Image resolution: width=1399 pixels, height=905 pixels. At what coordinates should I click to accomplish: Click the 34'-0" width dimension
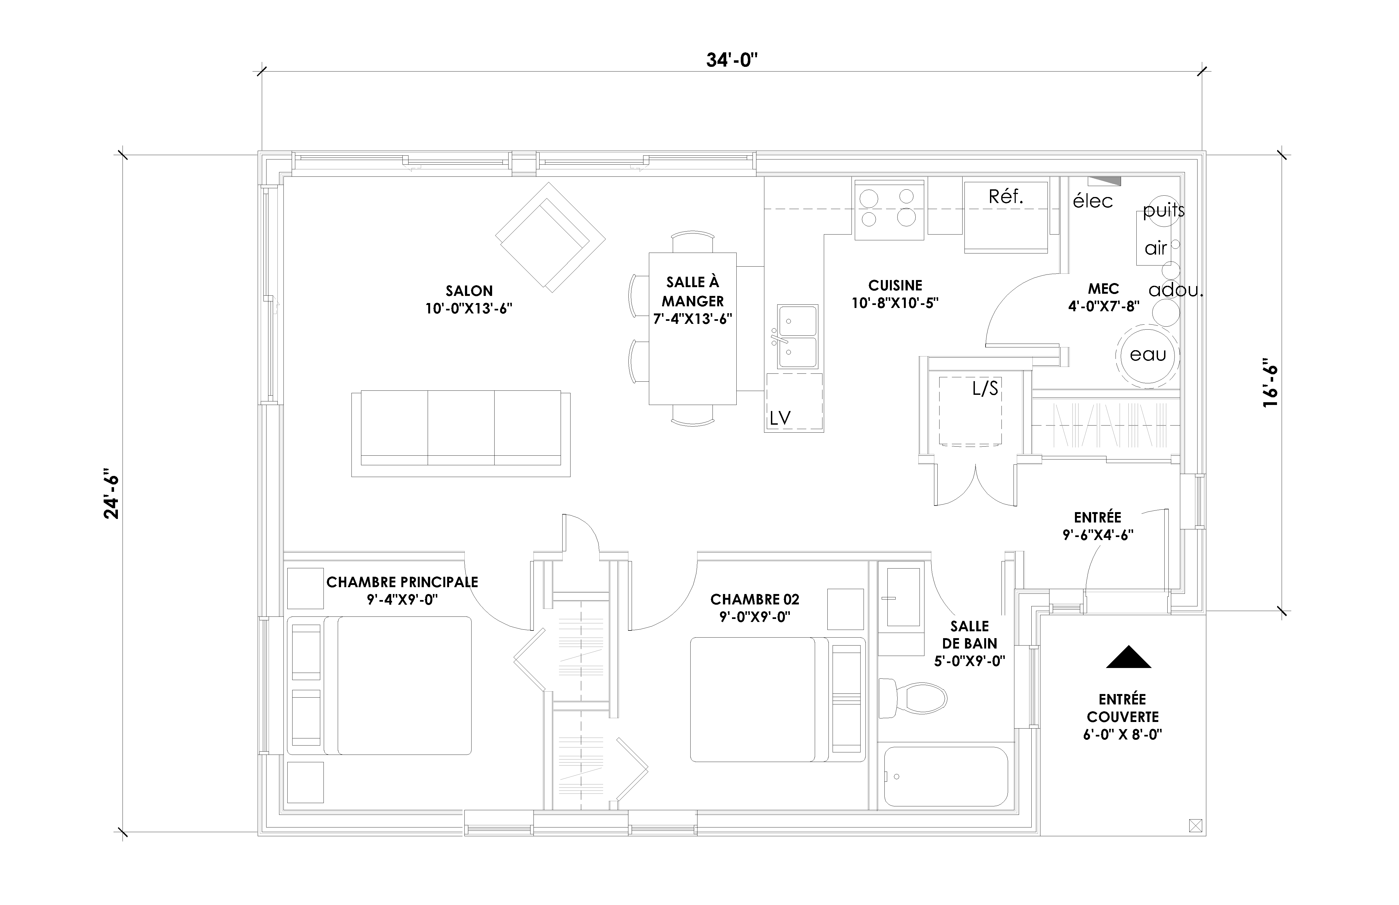click(x=732, y=60)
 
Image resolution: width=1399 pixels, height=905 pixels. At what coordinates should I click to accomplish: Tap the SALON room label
click(x=469, y=291)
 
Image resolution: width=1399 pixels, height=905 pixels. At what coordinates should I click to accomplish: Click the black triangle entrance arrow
click(x=1129, y=657)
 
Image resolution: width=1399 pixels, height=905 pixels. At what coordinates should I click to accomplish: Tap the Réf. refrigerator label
click(x=1006, y=197)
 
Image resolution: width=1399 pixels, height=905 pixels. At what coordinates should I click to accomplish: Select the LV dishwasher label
click(x=780, y=418)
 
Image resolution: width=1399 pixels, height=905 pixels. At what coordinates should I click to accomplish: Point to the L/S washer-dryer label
click(x=985, y=389)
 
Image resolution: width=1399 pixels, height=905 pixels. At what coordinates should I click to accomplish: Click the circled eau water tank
click(x=1147, y=355)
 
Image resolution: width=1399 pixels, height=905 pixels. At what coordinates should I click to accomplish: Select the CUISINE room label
click(x=895, y=286)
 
